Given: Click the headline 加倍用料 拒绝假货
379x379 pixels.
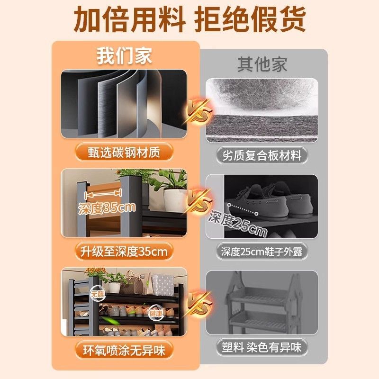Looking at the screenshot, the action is pyautogui.click(x=190, y=19).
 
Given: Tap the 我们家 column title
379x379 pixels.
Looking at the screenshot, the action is pyautogui.click(x=124, y=56).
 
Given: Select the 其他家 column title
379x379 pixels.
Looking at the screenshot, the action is pyautogui.click(x=262, y=64).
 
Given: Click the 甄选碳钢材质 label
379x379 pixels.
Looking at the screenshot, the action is pyautogui.click(x=124, y=152).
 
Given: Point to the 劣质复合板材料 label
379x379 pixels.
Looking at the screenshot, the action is pyautogui.click(x=262, y=155).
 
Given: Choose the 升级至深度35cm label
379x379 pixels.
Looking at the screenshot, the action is pyautogui.click(x=124, y=252).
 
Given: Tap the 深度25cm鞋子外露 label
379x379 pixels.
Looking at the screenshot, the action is pyautogui.click(x=262, y=252).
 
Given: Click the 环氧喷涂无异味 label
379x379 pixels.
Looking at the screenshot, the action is pyautogui.click(x=124, y=351).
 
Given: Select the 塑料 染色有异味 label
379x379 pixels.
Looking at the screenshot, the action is pyautogui.click(x=262, y=347).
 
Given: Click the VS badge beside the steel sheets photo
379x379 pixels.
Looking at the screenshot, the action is pyautogui.click(x=198, y=112).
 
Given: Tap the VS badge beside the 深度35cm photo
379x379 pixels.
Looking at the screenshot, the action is pyautogui.click(x=199, y=201).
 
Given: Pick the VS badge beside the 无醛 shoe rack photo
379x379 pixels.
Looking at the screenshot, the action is pyautogui.click(x=199, y=304).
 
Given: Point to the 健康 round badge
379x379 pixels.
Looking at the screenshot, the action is pyautogui.click(x=156, y=314).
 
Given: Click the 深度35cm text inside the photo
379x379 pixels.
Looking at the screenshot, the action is pyautogui.click(x=107, y=208).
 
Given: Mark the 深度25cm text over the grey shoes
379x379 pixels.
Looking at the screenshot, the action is pyautogui.click(x=238, y=224).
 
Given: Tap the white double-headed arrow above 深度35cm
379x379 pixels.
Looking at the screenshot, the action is pyautogui.click(x=103, y=193).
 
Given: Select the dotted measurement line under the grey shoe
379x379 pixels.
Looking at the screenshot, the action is pyautogui.click(x=243, y=209).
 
